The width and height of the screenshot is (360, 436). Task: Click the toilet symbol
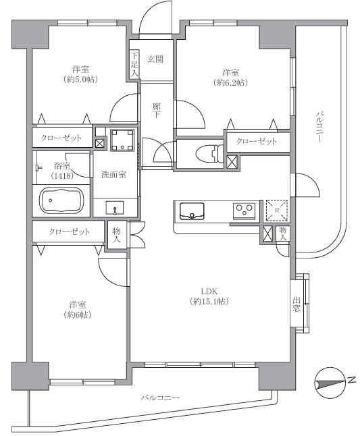coord(209,154)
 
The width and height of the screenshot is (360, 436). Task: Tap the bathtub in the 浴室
coord(62,200)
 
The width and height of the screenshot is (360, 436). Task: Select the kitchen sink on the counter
coord(192,211)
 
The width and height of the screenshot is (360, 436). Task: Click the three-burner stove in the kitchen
coord(244,209)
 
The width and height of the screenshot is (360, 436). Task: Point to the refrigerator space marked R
coord(276,210)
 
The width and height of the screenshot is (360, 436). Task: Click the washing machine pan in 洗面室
coord(122,140)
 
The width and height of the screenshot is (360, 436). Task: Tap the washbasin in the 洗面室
coord(115,208)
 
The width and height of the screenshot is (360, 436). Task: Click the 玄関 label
coord(155,59)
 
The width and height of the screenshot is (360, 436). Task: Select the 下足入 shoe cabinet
coord(134,64)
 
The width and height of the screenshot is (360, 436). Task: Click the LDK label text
coord(209,292)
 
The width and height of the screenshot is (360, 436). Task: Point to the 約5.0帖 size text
coord(80,80)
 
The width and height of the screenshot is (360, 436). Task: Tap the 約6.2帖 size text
coord(230,82)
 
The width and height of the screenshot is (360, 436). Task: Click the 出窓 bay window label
coord(297,304)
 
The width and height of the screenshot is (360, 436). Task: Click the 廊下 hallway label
coord(156,110)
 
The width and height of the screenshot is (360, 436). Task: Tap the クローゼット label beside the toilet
coord(256,142)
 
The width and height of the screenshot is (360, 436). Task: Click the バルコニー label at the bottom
coord(160,398)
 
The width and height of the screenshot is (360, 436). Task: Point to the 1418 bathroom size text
coord(62,175)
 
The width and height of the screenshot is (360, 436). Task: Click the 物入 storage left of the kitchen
coord(116,235)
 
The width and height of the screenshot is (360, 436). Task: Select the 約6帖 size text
coord(78,315)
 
